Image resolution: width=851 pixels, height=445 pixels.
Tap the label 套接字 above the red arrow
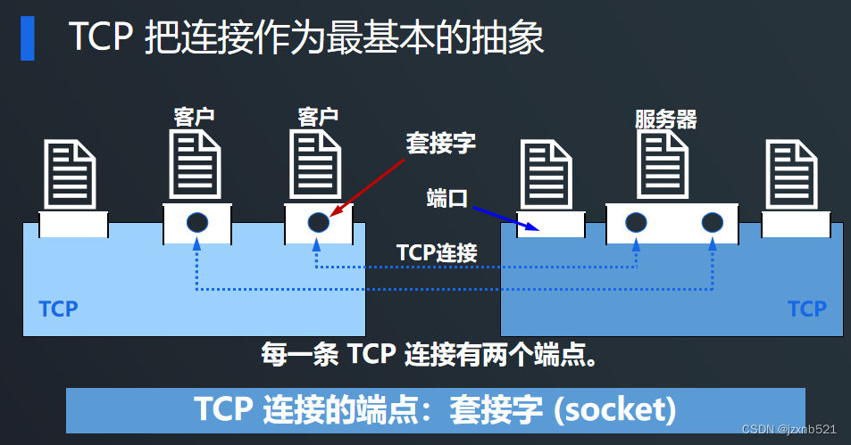point(441,143)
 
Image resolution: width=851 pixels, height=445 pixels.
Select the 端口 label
point(447,199)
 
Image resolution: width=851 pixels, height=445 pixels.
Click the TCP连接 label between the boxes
point(437,252)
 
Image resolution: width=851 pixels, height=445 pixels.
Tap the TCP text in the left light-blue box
point(58,309)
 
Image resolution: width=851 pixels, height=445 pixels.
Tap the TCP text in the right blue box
point(806,309)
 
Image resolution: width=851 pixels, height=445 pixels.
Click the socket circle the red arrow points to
point(319,223)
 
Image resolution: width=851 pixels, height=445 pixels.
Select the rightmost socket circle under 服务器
point(712,223)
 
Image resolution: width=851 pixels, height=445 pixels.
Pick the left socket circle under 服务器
point(636,223)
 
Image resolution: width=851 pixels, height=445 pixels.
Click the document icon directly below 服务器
point(662,165)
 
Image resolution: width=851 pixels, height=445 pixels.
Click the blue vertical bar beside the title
point(28,37)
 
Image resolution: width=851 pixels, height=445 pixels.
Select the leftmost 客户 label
point(194,117)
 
